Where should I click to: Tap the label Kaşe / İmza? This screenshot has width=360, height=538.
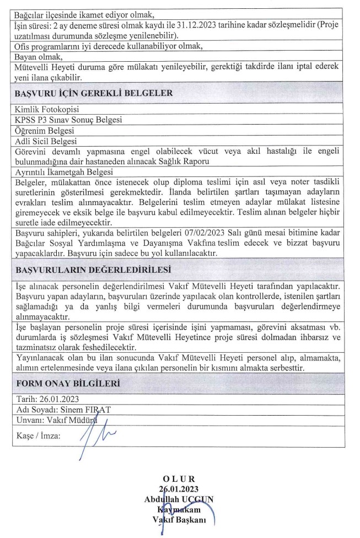point(39,435)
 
